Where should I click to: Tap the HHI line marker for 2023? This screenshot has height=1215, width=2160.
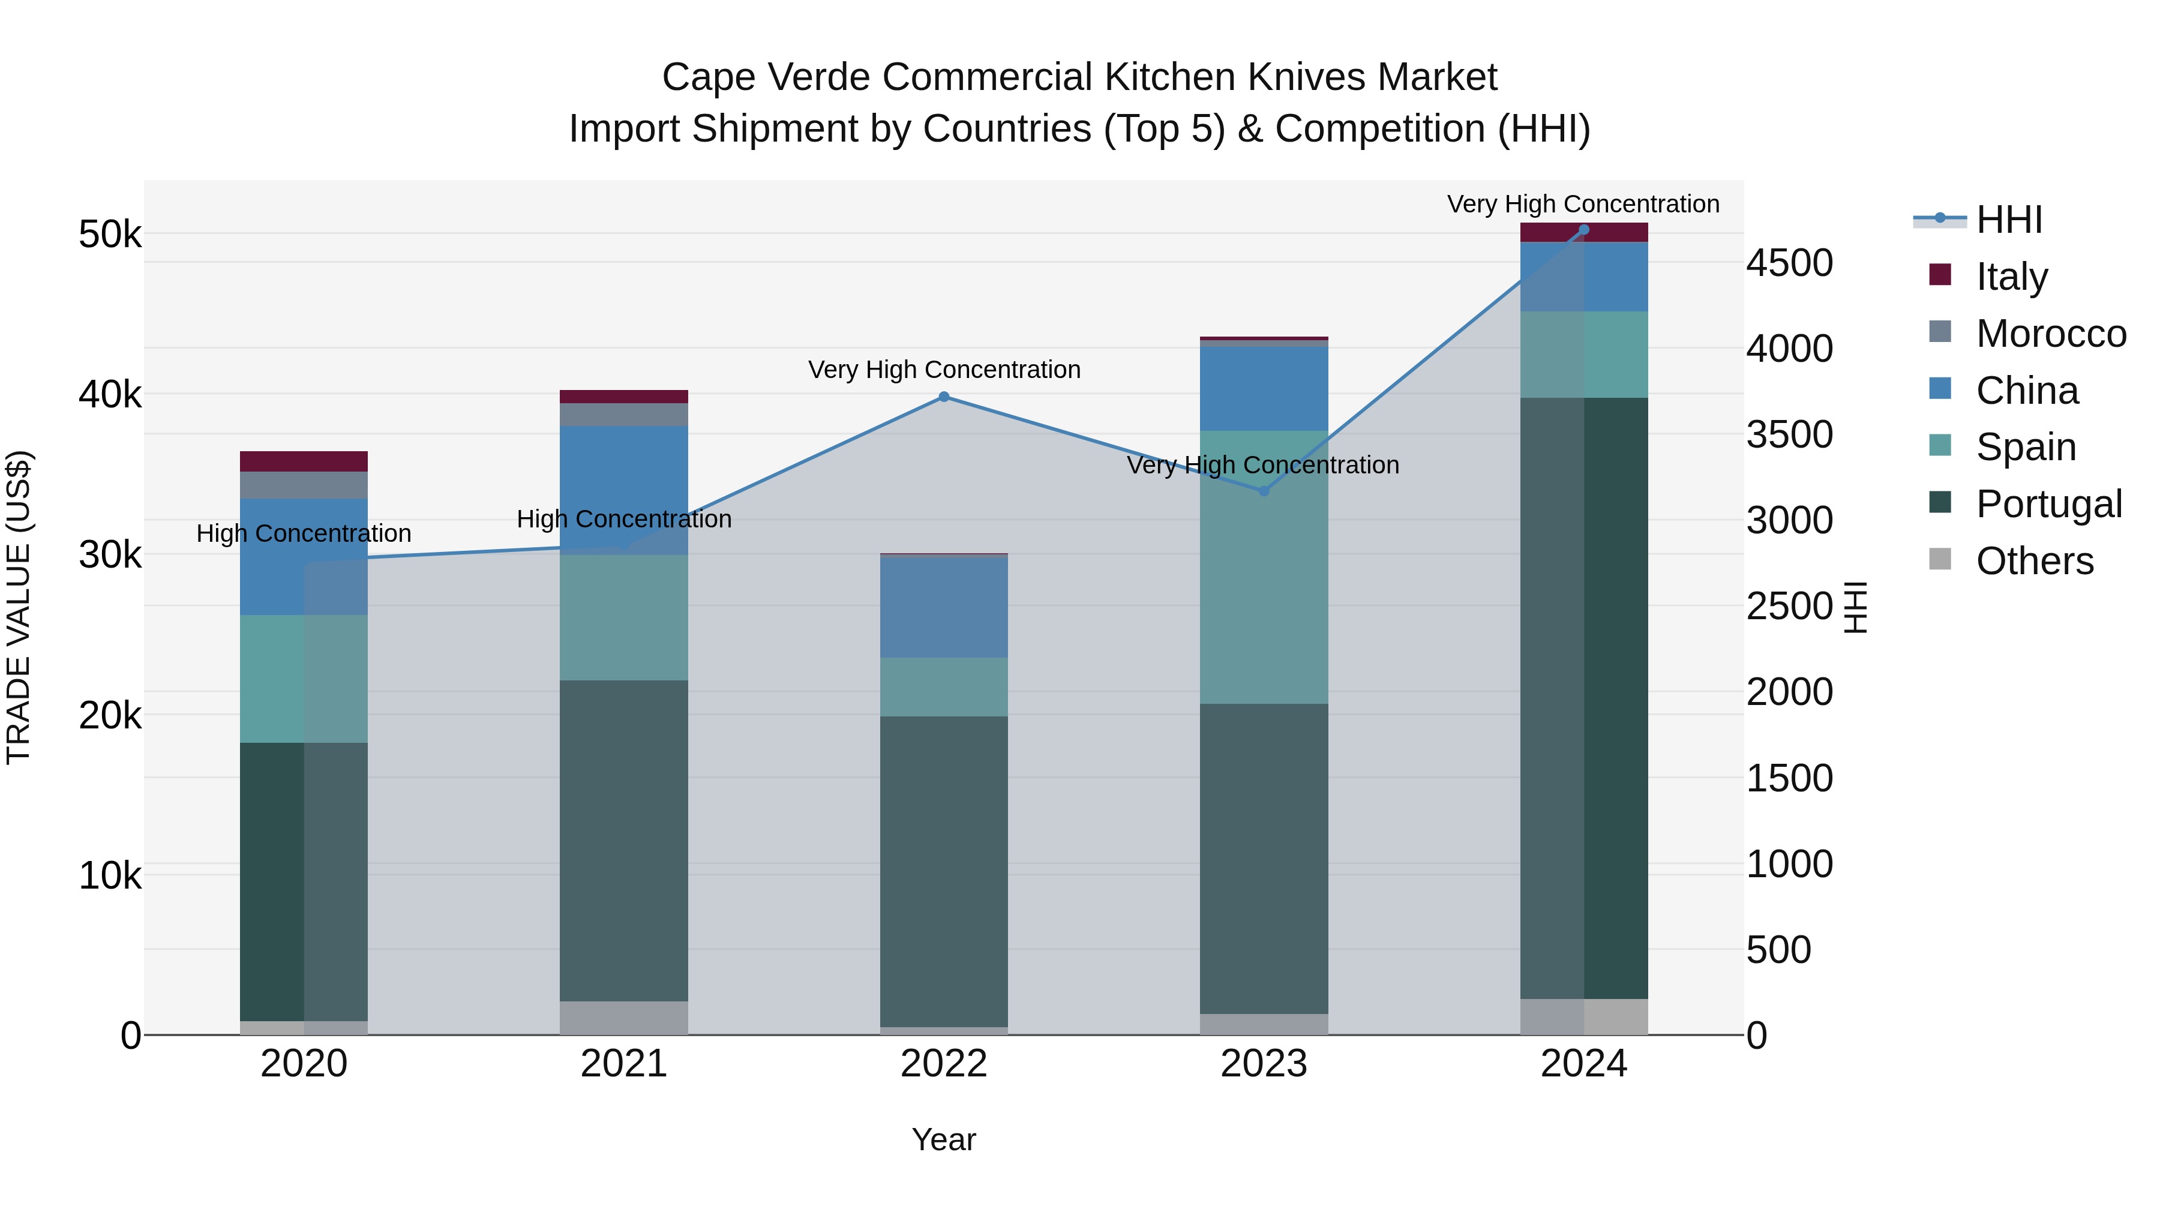click(x=1264, y=491)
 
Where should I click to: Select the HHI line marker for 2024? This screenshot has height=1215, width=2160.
click(x=1583, y=230)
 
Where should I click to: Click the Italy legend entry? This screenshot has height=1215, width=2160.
click(x=2011, y=276)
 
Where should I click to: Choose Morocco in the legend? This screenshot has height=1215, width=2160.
click(x=2050, y=333)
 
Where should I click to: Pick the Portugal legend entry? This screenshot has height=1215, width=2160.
click(x=2048, y=504)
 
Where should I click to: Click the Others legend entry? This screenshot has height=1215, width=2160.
click(x=2033, y=561)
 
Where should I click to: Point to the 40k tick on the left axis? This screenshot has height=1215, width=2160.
click(x=110, y=394)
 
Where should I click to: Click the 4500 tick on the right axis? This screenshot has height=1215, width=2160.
click(x=1789, y=263)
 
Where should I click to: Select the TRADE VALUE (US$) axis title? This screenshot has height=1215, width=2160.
click(x=19, y=607)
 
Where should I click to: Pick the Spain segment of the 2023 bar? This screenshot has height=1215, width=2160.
click(x=1264, y=567)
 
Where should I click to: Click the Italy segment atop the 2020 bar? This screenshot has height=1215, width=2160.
click(x=304, y=461)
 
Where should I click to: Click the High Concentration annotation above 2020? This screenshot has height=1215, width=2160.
click(x=304, y=533)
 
